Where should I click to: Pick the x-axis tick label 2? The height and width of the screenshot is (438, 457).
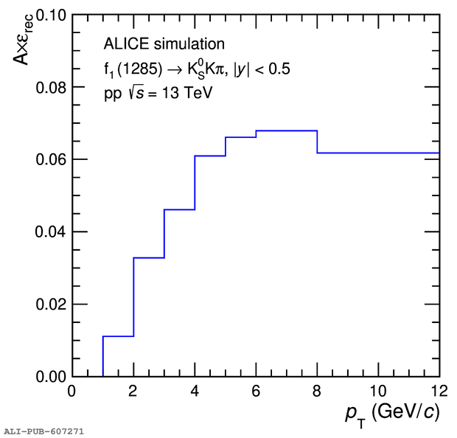[133, 390]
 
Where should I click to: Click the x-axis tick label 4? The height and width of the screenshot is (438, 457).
[195, 390]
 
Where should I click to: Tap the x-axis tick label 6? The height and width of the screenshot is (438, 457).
[256, 390]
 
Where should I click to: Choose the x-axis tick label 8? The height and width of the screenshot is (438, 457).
[317, 390]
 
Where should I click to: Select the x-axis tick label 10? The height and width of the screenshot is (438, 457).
[378, 390]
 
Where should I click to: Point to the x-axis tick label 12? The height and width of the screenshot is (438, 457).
[438, 390]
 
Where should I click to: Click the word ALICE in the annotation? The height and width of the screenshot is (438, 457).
[122, 44]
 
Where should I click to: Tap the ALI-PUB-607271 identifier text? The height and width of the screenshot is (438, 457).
[43, 430]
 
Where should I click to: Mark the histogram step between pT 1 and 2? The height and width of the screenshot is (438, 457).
[118, 336]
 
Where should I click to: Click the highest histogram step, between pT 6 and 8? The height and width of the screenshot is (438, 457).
[287, 131]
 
